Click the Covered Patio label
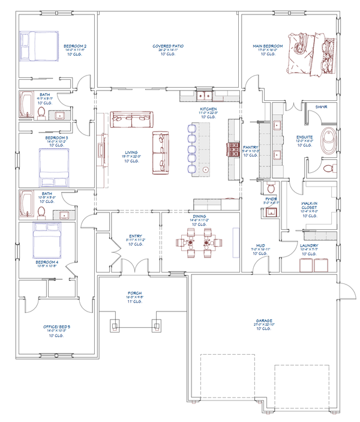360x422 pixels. [x=169, y=46]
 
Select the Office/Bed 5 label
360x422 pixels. [x=57, y=327]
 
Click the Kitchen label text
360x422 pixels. [x=208, y=110]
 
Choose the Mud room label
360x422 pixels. [x=260, y=246]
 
